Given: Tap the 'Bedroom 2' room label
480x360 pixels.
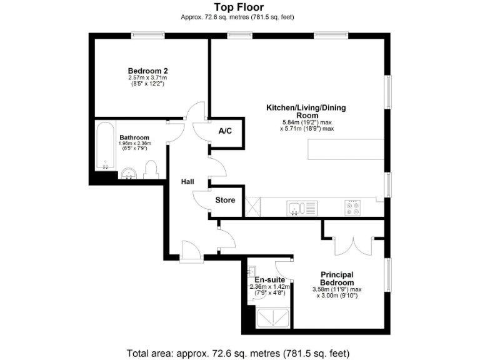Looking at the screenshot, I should pyautogui.click(x=147, y=71).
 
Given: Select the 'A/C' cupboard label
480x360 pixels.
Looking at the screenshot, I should pyautogui.click(x=226, y=132).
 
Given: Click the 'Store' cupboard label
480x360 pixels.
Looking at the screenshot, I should pyautogui.click(x=225, y=201).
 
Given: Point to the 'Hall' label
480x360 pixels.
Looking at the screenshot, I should pyautogui.click(x=187, y=182).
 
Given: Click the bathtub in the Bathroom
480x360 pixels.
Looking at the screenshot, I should pyautogui.click(x=104, y=147).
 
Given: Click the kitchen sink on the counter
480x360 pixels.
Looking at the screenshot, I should pyautogui.click(x=302, y=207).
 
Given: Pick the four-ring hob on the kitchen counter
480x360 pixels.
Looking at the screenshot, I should pyautogui.click(x=352, y=207).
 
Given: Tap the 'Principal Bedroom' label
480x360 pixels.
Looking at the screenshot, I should pyautogui.click(x=337, y=278).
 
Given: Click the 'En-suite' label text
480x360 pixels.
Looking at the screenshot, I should pyautogui.click(x=269, y=279).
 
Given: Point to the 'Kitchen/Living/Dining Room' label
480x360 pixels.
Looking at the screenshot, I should pyautogui.click(x=306, y=112).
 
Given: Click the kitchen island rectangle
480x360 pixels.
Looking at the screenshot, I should pyautogui.click(x=346, y=149).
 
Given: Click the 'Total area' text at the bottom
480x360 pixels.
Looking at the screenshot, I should pyautogui.click(x=237, y=352).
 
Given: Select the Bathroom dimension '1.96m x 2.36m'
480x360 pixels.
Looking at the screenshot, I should pyautogui.click(x=134, y=144).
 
